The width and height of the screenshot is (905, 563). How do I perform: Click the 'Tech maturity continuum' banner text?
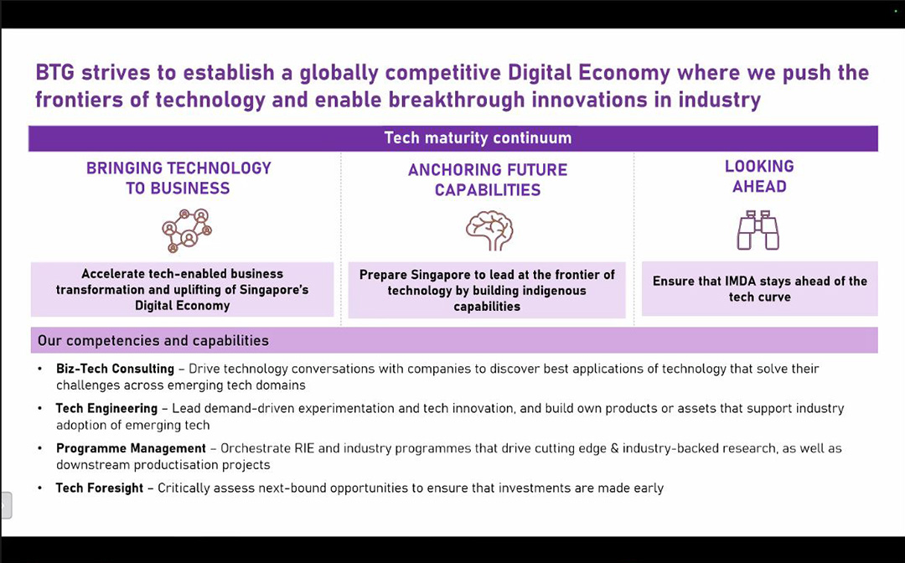tap(478, 138)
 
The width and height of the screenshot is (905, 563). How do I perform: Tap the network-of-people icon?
tap(186, 230)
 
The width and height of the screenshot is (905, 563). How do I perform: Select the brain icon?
tap(489, 230)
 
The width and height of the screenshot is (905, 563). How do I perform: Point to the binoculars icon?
tap(758, 230)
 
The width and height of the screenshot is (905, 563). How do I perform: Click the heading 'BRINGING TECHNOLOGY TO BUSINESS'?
tap(178, 178)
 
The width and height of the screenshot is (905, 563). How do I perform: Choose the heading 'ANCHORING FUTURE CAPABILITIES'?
tap(488, 180)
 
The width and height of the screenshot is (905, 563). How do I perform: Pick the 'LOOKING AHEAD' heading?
tap(759, 177)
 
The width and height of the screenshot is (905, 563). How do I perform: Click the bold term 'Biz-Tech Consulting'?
tap(115, 369)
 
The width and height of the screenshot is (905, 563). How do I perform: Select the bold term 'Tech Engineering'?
tap(106, 408)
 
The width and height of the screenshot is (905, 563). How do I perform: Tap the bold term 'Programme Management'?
tap(131, 448)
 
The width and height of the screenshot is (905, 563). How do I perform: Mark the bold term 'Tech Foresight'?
tap(99, 488)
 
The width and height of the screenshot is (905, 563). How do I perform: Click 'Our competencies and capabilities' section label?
tap(153, 340)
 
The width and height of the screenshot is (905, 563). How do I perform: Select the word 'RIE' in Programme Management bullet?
tap(305, 448)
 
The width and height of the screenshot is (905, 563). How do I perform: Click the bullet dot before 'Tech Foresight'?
tap(40, 488)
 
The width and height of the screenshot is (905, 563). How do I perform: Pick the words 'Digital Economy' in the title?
tap(589, 73)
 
